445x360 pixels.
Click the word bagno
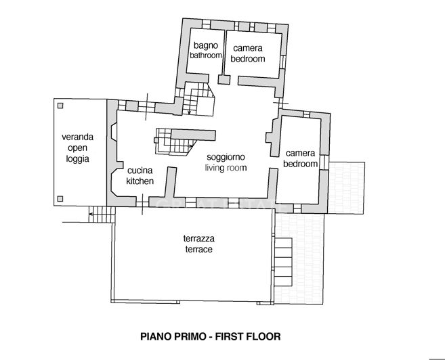205,45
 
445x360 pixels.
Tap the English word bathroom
205,55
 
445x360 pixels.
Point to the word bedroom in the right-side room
301,164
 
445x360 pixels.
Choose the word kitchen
140,181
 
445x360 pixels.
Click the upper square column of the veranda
61,106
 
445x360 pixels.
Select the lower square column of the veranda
61,199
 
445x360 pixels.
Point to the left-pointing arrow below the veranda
90,216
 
